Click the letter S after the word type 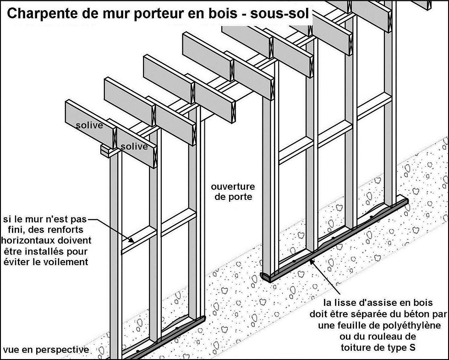(x=413, y=347)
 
